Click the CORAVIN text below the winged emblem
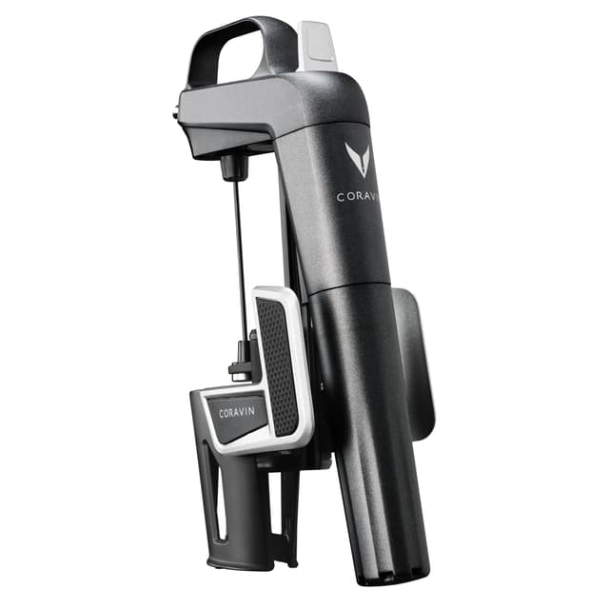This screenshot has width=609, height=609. click(x=357, y=197)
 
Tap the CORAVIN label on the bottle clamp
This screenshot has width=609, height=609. click(x=237, y=412)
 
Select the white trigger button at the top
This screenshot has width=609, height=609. click(x=317, y=46)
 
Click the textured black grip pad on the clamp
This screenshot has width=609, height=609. click(x=277, y=365)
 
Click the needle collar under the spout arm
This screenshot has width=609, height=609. click(x=234, y=167)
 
